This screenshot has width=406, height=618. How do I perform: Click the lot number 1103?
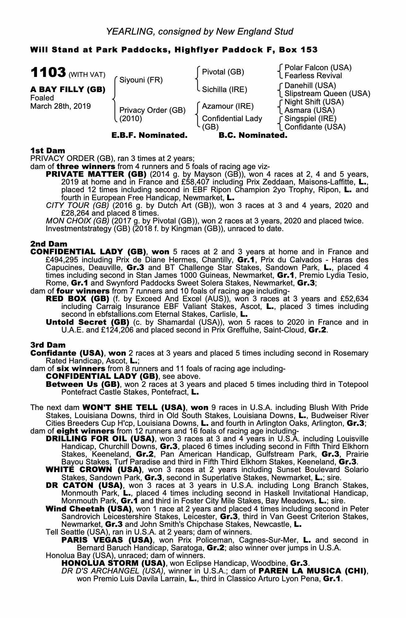pyautogui.click(x=48, y=73)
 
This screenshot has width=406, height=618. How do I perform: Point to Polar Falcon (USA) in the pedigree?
pyautogui.click(x=318, y=68)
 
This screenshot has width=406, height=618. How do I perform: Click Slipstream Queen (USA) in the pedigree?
pyautogui.click(x=327, y=93)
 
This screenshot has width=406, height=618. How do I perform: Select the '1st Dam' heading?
pyautogui.click(x=48, y=150)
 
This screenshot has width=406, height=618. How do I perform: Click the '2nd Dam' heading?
pyautogui.click(x=49, y=244)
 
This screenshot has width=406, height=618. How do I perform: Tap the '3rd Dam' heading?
pyautogui.click(x=48, y=345)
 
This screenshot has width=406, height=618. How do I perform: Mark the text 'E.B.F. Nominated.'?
pyautogui.click(x=149, y=135)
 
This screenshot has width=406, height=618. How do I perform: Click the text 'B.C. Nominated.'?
pyautogui.click(x=253, y=135)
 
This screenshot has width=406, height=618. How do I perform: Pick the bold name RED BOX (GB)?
pyautogui.click(x=77, y=299)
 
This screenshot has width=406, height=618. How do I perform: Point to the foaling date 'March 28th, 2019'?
pyautogui.click(x=61, y=106)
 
